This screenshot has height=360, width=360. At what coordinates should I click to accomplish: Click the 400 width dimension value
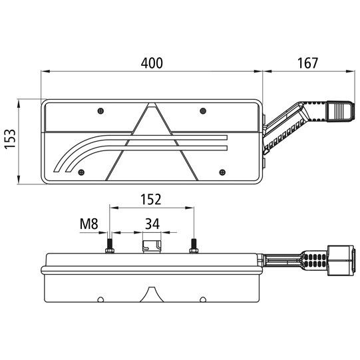coord(152,63)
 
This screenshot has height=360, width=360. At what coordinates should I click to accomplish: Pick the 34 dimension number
coord(152,224)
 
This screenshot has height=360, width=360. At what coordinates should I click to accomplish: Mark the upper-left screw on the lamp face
coord(99,110)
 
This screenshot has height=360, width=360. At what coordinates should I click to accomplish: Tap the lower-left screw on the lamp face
coord(81,172)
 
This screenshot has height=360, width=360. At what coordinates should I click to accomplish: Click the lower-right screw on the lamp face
coord(220,172)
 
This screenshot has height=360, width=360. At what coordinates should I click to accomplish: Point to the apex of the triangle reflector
coord(152,105)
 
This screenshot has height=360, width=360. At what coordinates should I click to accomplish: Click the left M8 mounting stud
coord(109,246)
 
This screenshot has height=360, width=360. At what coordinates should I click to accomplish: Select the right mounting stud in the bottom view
coord(194,246)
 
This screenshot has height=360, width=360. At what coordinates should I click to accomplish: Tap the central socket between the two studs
coord(152,246)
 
